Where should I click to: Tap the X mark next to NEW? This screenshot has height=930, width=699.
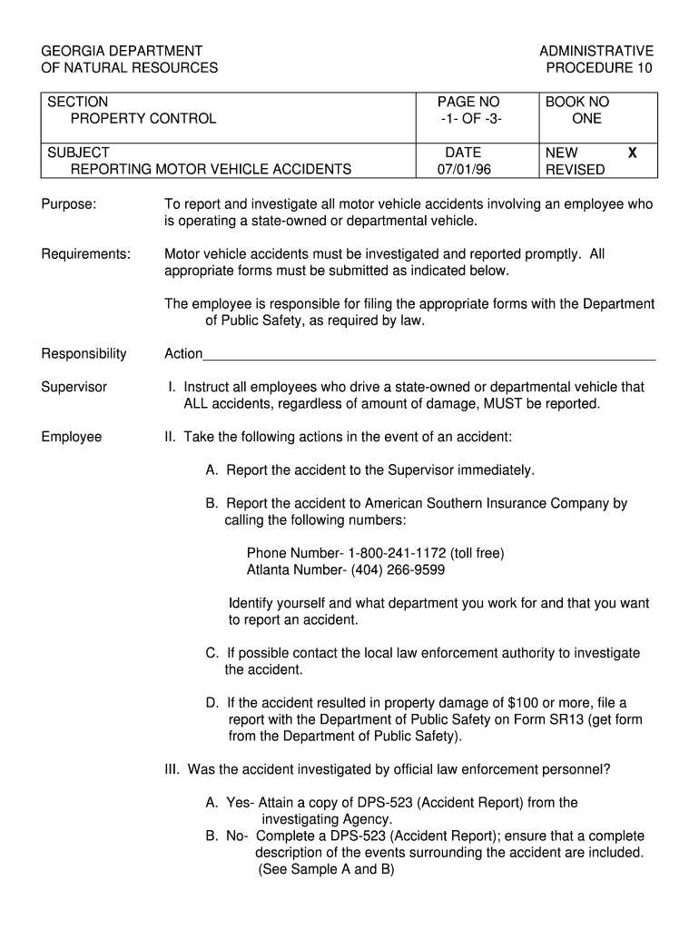tap(632, 153)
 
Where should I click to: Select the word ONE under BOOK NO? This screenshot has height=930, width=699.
tap(586, 119)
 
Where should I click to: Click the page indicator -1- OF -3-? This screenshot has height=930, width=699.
tap(469, 119)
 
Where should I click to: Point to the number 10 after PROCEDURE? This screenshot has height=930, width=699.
tap(644, 68)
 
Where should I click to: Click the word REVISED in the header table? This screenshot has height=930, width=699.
tap(575, 170)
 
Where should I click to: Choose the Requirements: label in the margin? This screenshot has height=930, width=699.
tap(86, 254)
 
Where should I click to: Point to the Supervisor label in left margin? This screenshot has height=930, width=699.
tap(74, 387)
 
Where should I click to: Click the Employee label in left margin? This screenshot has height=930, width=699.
tap(72, 437)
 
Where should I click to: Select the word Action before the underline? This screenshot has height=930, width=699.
tap(183, 353)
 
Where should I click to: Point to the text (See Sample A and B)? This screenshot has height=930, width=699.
tap(326, 869)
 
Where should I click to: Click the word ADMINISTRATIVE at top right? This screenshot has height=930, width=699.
tap(596, 51)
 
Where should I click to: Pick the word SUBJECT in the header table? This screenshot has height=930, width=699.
tap(78, 153)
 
